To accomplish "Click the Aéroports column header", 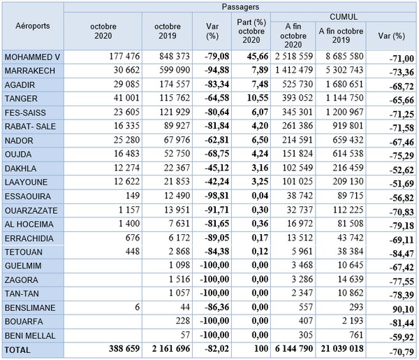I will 32,26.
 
